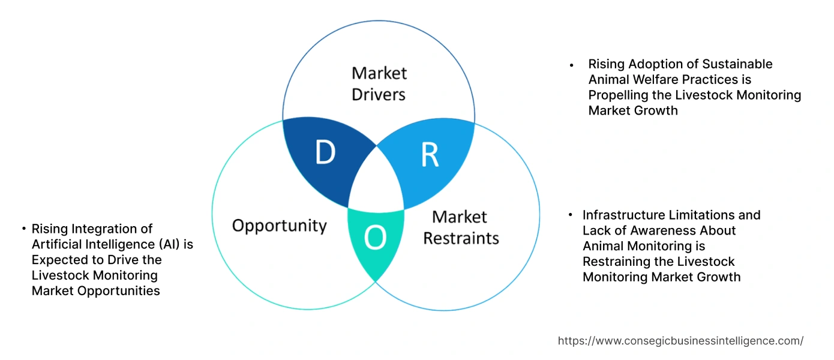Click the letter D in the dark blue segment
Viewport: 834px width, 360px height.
coord(325,153)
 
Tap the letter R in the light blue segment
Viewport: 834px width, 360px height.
coord(430,154)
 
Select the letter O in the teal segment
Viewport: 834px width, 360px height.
coord(376,238)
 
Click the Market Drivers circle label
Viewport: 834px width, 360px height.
coord(379,83)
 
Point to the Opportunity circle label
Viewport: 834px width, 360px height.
coord(279,226)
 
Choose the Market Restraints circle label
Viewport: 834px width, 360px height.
coord(461,227)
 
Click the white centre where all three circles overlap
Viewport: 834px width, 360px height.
coord(377,180)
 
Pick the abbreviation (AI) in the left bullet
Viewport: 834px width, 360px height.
coord(170,244)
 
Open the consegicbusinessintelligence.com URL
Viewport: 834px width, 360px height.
coord(680,341)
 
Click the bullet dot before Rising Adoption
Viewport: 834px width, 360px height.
coord(572,64)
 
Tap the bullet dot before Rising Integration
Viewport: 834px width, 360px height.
coord(23,229)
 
